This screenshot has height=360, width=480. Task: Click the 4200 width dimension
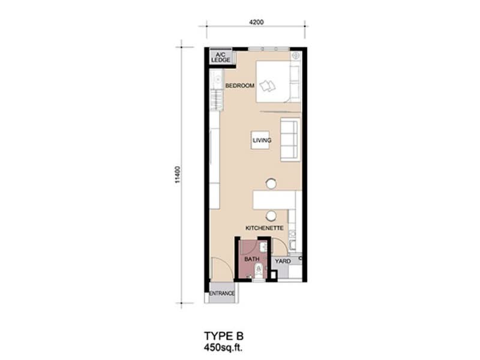point(256,22)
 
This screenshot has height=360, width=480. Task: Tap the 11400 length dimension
point(178,175)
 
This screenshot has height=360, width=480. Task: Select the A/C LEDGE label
point(221,57)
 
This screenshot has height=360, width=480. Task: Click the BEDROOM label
point(239,86)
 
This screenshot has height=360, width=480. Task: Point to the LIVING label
point(262,140)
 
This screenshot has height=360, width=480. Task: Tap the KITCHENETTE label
point(265,228)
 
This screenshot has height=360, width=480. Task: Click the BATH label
point(252,259)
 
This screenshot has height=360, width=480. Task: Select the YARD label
point(283,261)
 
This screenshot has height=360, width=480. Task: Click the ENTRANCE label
point(222,293)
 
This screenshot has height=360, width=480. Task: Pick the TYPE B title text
point(224,336)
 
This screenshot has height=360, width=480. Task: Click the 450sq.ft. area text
point(225,348)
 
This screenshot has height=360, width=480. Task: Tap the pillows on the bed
point(267,85)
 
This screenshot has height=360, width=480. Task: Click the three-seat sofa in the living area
point(290,140)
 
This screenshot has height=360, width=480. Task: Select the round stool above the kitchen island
point(271,184)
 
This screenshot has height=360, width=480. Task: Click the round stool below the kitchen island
point(271,216)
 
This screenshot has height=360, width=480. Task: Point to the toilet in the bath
point(259,271)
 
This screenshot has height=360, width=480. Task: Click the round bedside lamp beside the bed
point(296,56)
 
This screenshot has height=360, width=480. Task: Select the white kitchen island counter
point(274,200)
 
